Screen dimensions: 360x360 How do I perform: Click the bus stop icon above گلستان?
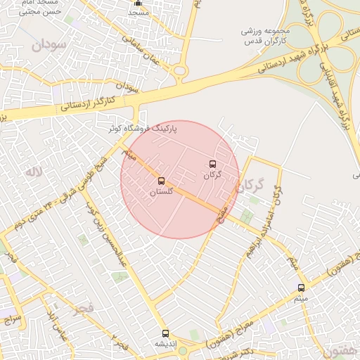162,181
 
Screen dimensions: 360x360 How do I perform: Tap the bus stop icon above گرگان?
212,165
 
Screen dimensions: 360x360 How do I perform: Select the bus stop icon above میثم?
302,288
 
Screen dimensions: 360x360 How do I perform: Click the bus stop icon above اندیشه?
165,334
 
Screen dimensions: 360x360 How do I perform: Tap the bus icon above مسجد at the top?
139,4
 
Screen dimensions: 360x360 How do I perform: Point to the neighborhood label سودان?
48,44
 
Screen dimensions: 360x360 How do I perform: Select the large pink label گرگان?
250,186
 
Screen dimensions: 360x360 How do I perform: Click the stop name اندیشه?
166,345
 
